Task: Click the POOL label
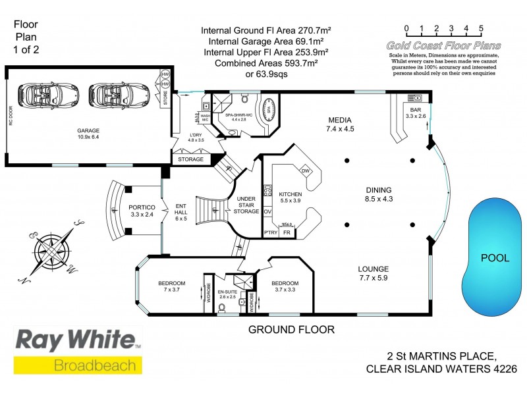(494, 257)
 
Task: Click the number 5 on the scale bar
(482, 28)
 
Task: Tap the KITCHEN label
(290, 194)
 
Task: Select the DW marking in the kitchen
(305, 171)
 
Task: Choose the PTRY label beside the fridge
(270, 232)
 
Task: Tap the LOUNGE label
(373, 269)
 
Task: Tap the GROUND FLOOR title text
(291, 329)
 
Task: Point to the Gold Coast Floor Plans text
(444, 45)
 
